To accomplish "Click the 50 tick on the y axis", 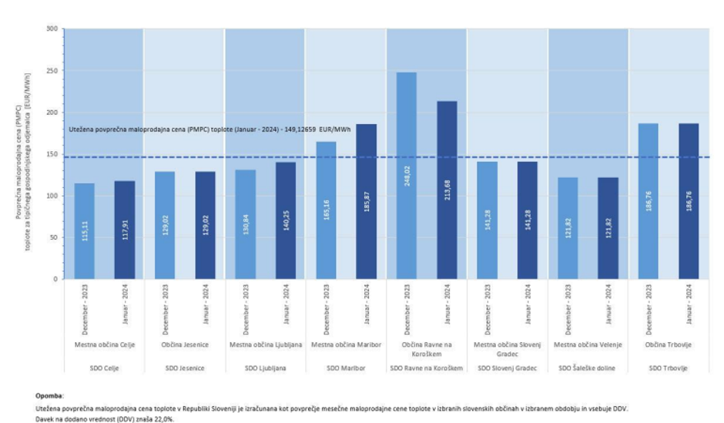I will tap(54, 237).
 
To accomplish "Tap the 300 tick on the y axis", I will tap(52, 29).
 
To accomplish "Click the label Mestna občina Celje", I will tap(105, 344).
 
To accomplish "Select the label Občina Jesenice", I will tap(185, 344).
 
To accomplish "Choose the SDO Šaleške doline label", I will tap(587, 368).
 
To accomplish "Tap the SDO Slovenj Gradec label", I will tap(506, 368).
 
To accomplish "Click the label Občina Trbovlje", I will tap(668, 344).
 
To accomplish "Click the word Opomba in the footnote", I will tap(50, 394).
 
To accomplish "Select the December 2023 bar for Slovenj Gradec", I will tap(488, 220).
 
